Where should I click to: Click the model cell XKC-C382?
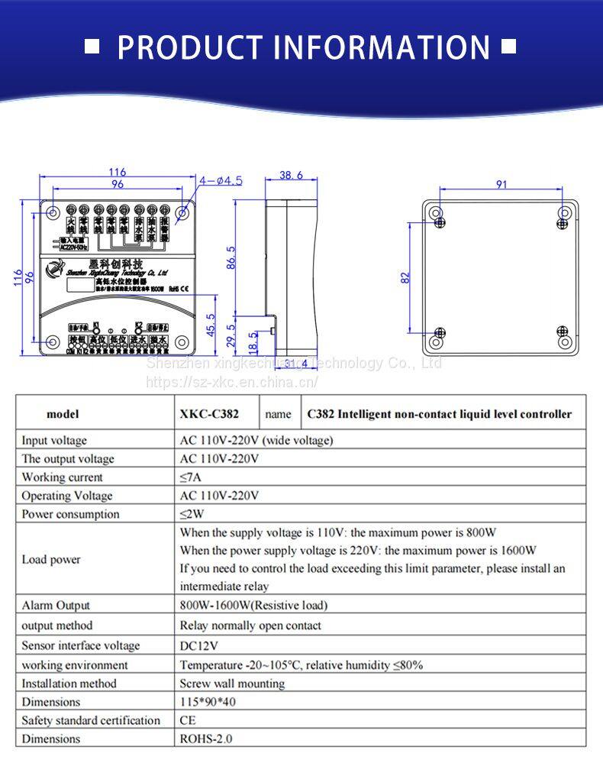(x=209, y=414)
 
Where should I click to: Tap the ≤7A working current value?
(x=192, y=477)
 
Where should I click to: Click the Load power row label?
(x=51, y=560)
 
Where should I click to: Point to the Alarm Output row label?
(x=56, y=606)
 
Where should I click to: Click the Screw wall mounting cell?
(x=232, y=684)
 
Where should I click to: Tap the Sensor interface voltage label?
(x=81, y=645)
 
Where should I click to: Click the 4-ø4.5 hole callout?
(x=221, y=181)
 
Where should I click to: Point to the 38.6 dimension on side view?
(x=290, y=176)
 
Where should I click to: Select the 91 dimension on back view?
(x=501, y=184)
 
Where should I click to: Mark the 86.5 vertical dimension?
(x=231, y=258)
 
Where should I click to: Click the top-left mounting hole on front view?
(x=53, y=212)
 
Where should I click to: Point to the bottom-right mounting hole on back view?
(x=565, y=341)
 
